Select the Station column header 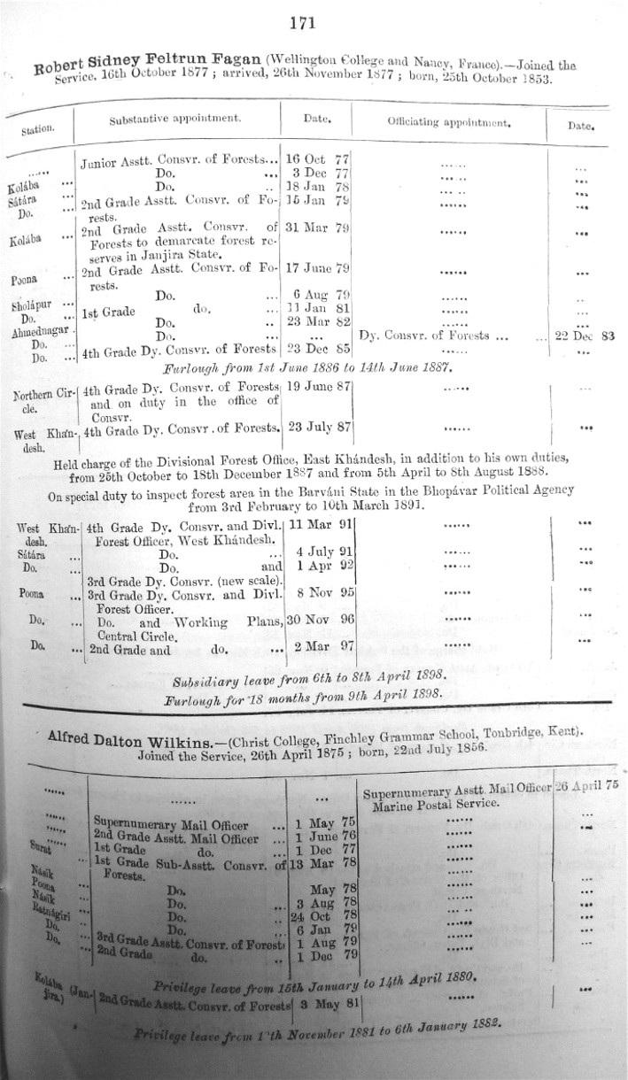tap(38, 129)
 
